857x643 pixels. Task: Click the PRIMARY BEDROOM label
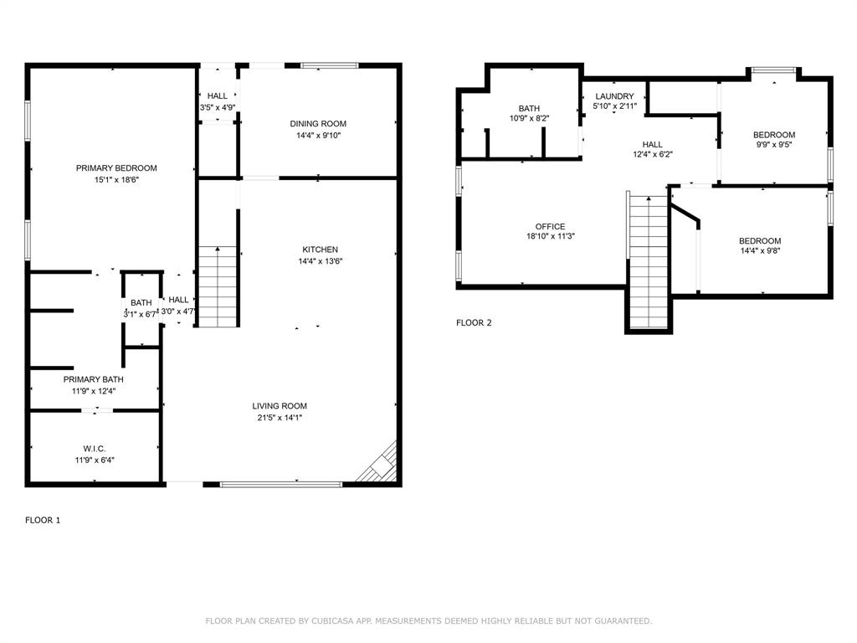[116, 167]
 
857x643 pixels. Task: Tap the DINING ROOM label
[318, 124]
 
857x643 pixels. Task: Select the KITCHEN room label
[321, 249]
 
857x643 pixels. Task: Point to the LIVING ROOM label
[280, 406]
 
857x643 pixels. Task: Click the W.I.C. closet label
[95, 449]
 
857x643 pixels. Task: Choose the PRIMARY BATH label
[94, 379]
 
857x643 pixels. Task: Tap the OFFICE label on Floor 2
[551, 226]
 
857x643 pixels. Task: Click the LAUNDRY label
[615, 96]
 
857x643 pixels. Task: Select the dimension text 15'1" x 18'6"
[116, 179]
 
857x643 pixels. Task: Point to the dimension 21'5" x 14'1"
[280, 418]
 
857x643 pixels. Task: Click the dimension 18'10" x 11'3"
[551, 236]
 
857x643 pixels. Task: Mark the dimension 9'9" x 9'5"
[774, 144]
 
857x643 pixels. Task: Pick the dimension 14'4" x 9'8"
[760, 250]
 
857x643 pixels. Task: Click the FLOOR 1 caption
[43, 520]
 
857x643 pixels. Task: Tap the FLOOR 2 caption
[474, 322]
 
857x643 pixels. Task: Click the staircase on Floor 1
[218, 287]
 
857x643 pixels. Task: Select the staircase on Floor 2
[649, 262]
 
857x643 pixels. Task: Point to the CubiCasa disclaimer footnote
[428, 620]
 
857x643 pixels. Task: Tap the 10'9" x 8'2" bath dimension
[529, 118]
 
